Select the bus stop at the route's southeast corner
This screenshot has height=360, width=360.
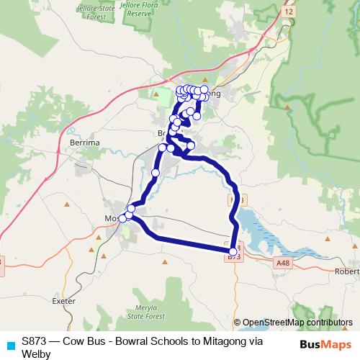click(x=233, y=251)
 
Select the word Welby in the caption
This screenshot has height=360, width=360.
click(x=36, y=354)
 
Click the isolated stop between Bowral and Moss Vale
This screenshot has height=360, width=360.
click(x=155, y=173)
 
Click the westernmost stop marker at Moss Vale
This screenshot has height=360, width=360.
click(x=122, y=218)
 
